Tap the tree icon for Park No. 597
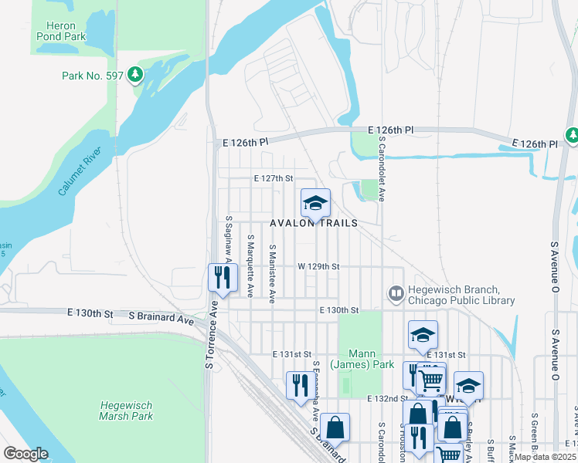pos(136,74)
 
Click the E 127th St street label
pos(274,178)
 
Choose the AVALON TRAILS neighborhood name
pos(314,223)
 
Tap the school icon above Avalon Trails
pos(315,203)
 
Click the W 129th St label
pos(318,266)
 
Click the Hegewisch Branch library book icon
pos(395,293)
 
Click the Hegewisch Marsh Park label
pos(127,411)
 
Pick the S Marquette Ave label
pos(250,266)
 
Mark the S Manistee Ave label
pos(272,274)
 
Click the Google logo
pos(25,454)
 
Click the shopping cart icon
pos(430,378)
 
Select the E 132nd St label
pos(386,398)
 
